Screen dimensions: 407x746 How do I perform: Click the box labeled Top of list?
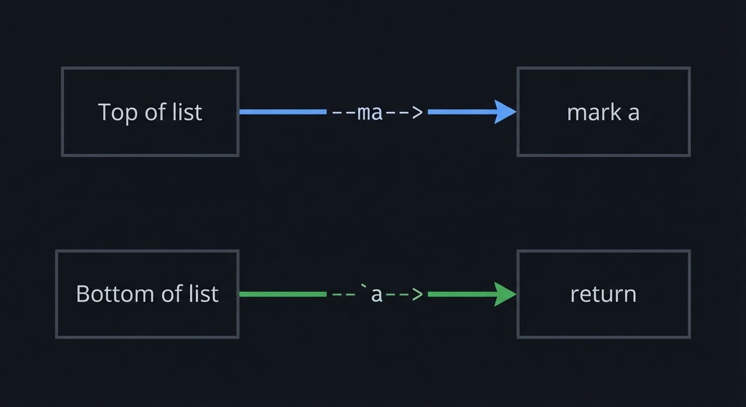[150, 112]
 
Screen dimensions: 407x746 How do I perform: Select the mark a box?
[603, 112]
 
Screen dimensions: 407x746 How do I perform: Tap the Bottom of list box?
[147, 294]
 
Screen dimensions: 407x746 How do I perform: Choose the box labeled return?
[603, 294]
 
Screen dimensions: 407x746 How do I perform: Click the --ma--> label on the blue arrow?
[377, 112]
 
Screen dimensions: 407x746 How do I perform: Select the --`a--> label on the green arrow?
[377, 294]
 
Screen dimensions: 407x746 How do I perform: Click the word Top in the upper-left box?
[113, 112]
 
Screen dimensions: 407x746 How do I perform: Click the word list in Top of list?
[189, 112]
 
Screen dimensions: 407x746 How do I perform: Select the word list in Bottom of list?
[205, 294]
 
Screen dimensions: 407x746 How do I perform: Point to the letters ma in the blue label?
[370, 112]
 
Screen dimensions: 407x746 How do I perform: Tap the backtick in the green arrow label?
[363, 288]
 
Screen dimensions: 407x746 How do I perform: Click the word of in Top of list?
[157, 112]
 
